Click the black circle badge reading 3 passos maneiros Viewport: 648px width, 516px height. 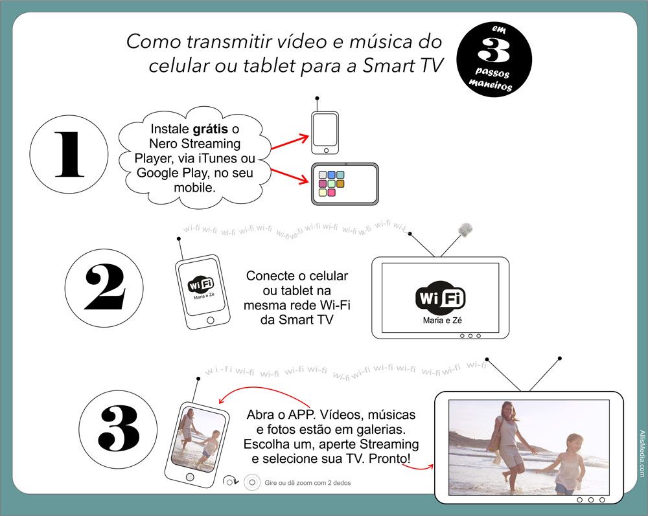tap(494, 60)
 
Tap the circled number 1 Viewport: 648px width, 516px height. tap(69, 154)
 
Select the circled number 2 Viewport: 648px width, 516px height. tap(104, 287)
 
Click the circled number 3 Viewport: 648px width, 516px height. tap(118, 429)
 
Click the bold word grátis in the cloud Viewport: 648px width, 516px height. tap(210, 129)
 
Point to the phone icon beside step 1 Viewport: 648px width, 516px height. tap(325, 133)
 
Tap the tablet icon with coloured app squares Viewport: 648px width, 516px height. tap(345, 184)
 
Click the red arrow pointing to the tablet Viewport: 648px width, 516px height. tap(290, 175)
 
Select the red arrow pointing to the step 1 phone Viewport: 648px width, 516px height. tap(290, 142)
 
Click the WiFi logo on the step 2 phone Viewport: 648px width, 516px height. tap(201, 284)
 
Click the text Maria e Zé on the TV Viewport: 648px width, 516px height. tap(442, 320)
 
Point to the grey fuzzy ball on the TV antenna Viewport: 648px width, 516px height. tap(465, 230)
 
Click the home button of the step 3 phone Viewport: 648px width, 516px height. tap(190, 477)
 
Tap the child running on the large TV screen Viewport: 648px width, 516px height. tap(569, 464)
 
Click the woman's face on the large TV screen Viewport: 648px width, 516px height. tap(507, 410)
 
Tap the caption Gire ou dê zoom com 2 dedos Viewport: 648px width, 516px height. tap(308, 482)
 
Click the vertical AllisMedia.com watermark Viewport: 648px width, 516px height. tap(642, 453)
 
